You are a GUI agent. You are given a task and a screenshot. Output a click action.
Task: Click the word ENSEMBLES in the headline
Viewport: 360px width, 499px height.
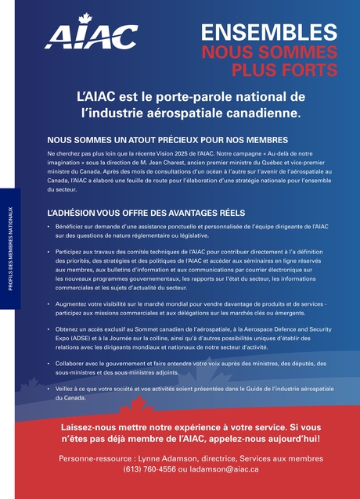click(x=268, y=33)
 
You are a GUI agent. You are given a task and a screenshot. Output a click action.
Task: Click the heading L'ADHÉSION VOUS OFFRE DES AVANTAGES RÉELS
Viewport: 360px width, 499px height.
click(x=146, y=213)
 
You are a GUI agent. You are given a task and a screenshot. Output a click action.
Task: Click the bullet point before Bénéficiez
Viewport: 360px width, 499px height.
click(x=49, y=227)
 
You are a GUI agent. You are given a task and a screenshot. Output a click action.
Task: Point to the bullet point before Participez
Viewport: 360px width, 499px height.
click(x=49, y=252)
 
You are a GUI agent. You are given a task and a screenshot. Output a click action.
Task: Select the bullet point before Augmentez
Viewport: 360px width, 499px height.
click(x=49, y=303)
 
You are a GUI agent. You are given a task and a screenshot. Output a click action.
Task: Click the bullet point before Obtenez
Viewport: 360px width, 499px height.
click(x=49, y=329)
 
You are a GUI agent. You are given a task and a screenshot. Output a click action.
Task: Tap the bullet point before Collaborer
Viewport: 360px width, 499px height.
click(x=49, y=364)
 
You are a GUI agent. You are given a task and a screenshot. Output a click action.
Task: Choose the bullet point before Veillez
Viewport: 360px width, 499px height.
click(x=49, y=389)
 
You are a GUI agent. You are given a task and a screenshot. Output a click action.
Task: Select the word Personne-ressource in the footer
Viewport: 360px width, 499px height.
click(x=94, y=458)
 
